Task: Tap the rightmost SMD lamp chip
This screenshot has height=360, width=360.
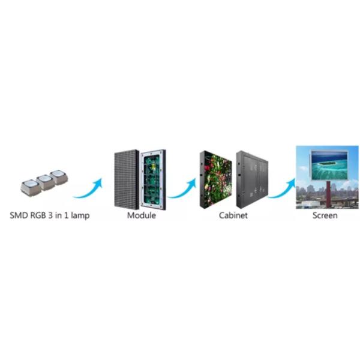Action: (58, 177)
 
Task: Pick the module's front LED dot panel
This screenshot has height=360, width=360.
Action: (126, 178)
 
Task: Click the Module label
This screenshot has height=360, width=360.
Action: (142, 215)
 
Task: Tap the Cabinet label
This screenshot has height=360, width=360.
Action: (233, 215)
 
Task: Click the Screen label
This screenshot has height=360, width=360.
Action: (325, 215)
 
